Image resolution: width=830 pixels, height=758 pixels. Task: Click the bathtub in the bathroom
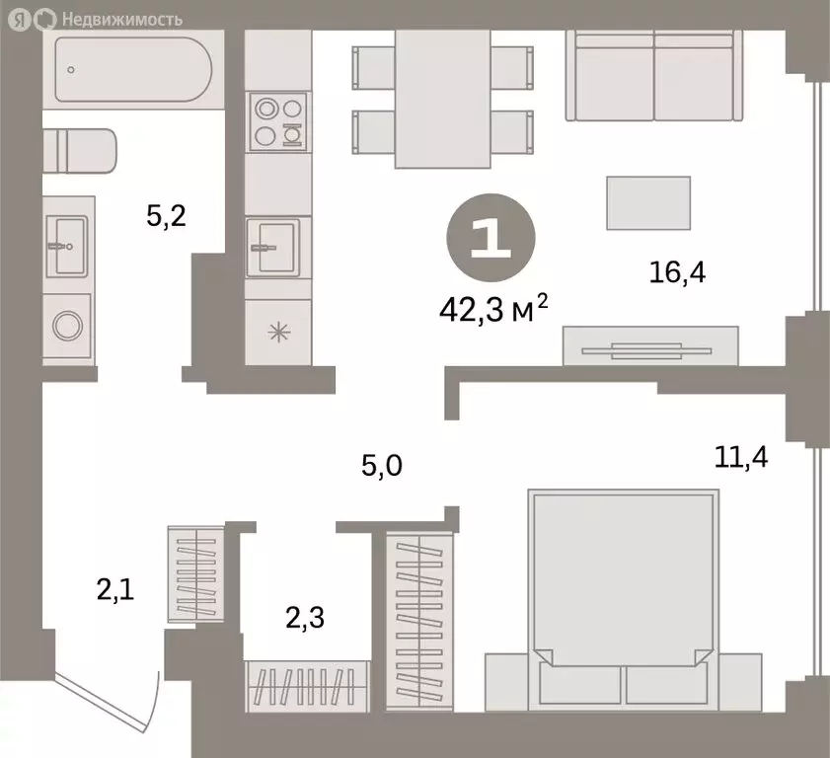[133, 69]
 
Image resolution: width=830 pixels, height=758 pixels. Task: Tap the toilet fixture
[79, 151]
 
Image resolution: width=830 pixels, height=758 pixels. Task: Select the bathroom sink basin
[67, 246]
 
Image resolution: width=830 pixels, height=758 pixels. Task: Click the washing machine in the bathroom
[67, 326]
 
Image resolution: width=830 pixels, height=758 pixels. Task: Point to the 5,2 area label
[166, 216]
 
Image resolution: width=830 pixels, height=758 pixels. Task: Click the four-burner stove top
[278, 121]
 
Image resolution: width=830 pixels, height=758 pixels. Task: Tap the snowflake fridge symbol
[278, 333]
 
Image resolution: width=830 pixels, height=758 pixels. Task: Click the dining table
[442, 99]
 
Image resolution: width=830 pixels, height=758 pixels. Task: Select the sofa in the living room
[654, 75]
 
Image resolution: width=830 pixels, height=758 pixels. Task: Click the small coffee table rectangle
[648, 202]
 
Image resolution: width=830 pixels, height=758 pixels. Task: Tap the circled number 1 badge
[491, 238]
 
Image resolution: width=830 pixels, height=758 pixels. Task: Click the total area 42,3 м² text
[493, 309]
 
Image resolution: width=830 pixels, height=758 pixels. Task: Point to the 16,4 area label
[678, 272]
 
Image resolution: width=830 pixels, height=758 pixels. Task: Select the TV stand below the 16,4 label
[650, 345]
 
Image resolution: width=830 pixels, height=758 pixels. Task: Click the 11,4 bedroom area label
[741, 457]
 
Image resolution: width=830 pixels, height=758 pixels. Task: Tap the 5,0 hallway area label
[382, 465]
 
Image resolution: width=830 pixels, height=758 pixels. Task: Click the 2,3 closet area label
[305, 618]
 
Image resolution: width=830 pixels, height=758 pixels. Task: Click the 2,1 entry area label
[115, 589]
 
